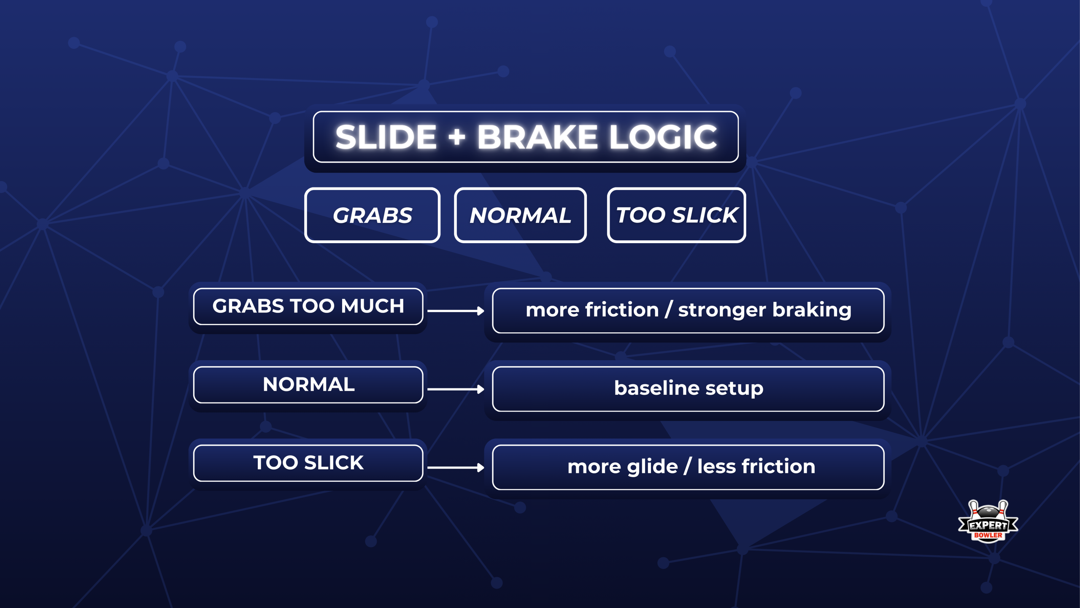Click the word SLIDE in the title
pos(386,137)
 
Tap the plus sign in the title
pos(456,138)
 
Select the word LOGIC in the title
pos(663,137)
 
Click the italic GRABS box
pos(372,215)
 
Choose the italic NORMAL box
pos(520,215)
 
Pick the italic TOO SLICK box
pos(676,215)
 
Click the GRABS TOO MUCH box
pos(308,306)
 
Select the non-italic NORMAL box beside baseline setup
pos(308,385)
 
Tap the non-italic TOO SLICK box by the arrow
pos(308,463)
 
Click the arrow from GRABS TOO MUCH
pos(456,311)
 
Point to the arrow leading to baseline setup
pos(456,389)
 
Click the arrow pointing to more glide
pos(456,467)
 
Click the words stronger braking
pos(764,310)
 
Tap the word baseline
pos(656,388)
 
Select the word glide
pos(652,467)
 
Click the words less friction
pos(756,467)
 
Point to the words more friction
pos(592,310)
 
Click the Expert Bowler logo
pos(988,522)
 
